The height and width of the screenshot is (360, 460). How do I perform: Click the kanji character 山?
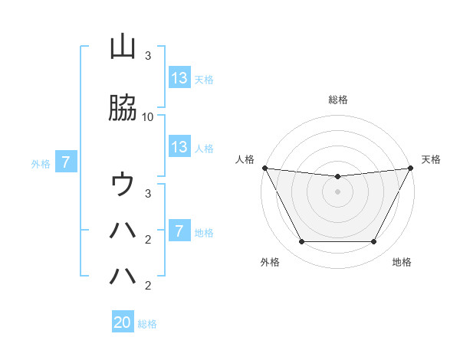point(123,47)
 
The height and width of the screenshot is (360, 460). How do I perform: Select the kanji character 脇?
point(123,110)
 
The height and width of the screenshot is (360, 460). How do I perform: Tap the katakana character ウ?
point(123,184)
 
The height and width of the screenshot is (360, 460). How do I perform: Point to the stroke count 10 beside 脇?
point(148,117)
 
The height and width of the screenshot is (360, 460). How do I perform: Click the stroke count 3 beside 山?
point(148,56)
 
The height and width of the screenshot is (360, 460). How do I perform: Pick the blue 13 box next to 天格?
point(179,77)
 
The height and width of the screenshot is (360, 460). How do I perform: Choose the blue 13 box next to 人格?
point(179,147)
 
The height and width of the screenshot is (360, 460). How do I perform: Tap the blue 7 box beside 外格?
point(67,162)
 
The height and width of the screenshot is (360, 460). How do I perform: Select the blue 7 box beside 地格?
point(179,231)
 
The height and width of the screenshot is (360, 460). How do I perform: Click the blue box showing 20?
point(123,322)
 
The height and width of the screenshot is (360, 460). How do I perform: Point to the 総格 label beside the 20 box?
point(147,324)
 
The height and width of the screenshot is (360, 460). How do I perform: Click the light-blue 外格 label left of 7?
point(41,163)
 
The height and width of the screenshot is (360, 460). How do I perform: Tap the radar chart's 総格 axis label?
point(338,100)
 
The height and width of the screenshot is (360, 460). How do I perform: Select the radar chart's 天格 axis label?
point(431,159)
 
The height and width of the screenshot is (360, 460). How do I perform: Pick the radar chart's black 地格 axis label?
point(402,263)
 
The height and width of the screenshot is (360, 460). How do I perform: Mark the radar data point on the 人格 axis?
point(264,168)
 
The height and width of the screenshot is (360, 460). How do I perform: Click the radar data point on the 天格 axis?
point(411,168)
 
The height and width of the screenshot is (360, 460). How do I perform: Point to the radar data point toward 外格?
point(301,242)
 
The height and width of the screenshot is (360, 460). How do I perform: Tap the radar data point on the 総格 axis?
point(337,177)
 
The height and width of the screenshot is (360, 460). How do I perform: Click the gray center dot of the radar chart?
point(337,191)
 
